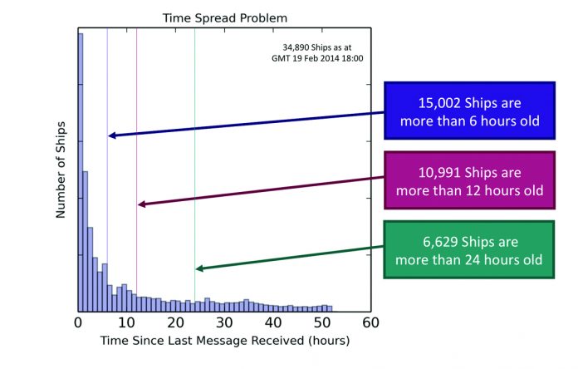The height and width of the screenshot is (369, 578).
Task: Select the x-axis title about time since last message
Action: click(x=224, y=341)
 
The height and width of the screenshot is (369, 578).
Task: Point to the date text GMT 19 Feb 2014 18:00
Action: click(x=317, y=58)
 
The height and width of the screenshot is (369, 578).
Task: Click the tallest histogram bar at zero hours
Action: click(x=81, y=166)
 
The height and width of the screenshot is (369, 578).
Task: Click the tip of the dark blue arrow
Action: click(x=109, y=135)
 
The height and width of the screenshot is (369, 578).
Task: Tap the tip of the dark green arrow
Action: click(x=196, y=268)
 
